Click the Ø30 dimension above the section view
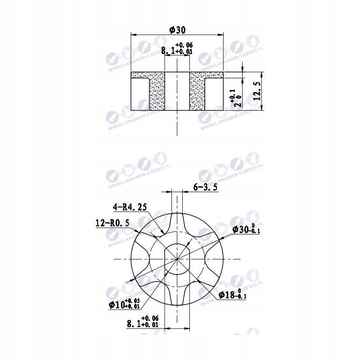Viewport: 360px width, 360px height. pos(177,30)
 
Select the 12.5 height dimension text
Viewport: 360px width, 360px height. pos(257,91)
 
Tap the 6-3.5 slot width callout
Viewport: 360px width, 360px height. pos(205,187)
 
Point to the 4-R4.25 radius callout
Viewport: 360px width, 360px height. pos(130,207)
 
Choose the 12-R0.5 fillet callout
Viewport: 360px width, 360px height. pos(112,223)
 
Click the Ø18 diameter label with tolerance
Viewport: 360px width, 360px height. pos(233,294)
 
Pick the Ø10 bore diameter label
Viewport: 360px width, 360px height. pos(124,304)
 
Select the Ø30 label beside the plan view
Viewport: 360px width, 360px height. pos(246,229)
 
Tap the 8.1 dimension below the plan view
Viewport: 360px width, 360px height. pos(143,321)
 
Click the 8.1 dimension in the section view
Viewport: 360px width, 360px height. pos(177,49)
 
